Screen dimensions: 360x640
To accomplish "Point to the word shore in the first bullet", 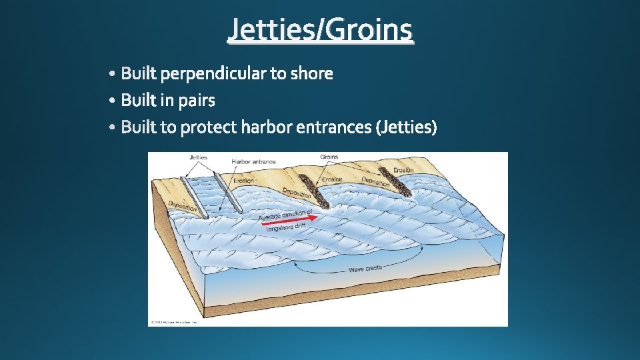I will coord(311,73).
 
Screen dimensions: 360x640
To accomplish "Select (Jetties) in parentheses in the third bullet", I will coord(407,127).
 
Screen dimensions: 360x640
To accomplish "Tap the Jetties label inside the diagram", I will coord(199,158).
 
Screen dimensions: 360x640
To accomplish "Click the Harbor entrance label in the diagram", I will coord(253,162).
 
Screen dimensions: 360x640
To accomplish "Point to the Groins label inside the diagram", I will coord(329,157).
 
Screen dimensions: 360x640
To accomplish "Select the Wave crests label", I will coord(365,269).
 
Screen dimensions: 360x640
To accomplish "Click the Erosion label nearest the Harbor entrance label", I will coord(243,181).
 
